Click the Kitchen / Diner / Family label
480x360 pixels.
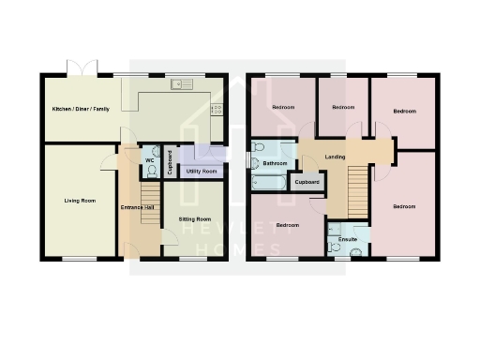click(x=80, y=109)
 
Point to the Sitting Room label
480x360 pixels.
click(x=195, y=218)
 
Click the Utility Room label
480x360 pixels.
click(x=202, y=172)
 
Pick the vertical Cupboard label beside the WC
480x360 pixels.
click(x=170, y=163)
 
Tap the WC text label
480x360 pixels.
click(x=150, y=160)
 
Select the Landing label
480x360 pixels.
click(x=333, y=157)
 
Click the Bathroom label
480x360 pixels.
click(x=275, y=163)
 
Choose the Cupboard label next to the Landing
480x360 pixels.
click(x=307, y=181)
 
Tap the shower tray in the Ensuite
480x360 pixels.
click(x=335, y=230)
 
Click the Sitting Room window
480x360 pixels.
click(x=192, y=259)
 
